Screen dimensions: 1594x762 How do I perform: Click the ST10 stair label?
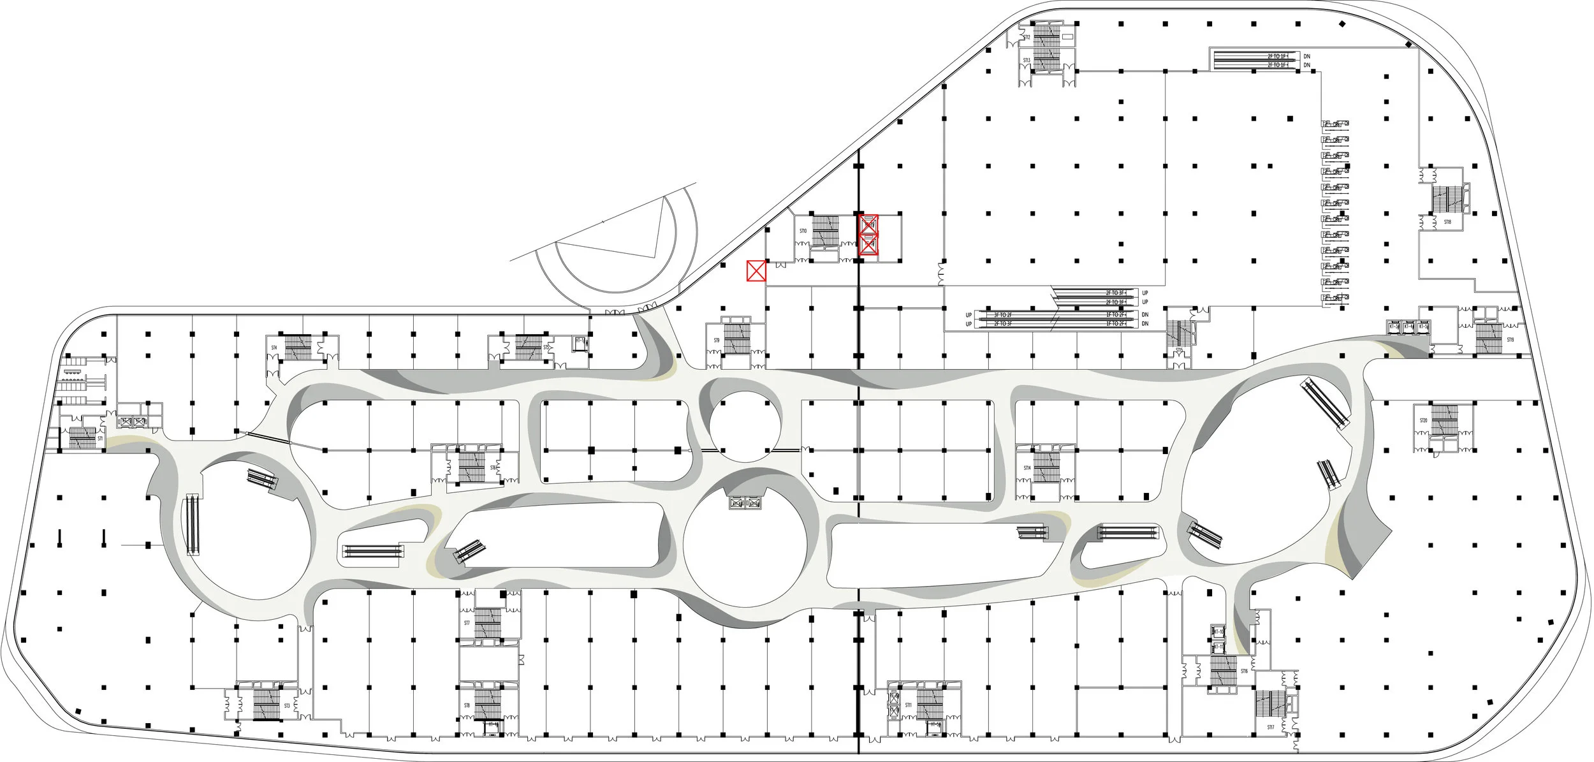click(x=803, y=231)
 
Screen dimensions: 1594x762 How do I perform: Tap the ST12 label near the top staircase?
click(x=1027, y=38)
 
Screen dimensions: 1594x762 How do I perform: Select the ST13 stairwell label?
click(x=1027, y=61)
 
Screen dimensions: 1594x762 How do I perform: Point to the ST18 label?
click(x=1447, y=222)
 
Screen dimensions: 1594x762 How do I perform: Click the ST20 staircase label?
click(x=1423, y=421)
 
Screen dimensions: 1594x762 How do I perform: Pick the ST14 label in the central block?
click(x=1027, y=468)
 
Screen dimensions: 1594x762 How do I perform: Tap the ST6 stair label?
click(x=493, y=468)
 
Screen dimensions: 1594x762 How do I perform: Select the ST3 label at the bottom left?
click(x=287, y=706)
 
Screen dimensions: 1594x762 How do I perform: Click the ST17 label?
click(x=1271, y=728)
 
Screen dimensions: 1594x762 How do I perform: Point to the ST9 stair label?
click(x=717, y=341)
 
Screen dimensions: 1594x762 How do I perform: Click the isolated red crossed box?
click(x=756, y=271)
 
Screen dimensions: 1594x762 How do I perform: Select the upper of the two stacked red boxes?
click(x=868, y=224)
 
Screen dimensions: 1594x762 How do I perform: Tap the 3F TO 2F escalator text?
click(x=1003, y=315)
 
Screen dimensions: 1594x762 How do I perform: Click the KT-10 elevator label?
click(x=1218, y=632)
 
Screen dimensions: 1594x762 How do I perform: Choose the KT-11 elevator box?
click(x=1218, y=647)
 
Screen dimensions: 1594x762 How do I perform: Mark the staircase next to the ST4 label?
click(x=298, y=348)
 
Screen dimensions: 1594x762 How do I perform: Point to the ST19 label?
click(x=1510, y=340)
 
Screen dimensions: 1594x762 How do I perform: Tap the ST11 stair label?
click(x=908, y=705)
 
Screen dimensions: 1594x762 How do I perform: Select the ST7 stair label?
click(x=467, y=623)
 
